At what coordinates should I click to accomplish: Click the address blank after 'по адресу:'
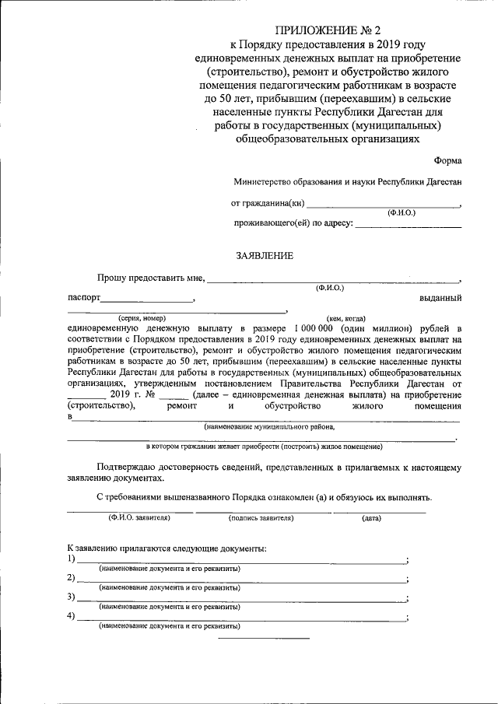pyautogui.click(x=408, y=225)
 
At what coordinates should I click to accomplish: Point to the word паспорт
pyautogui.click(x=83, y=298)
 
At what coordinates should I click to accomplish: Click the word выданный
pyautogui.click(x=441, y=298)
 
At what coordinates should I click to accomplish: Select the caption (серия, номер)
pyautogui.click(x=142, y=318)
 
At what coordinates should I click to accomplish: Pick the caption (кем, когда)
pyautogui.click(x=346, y=318)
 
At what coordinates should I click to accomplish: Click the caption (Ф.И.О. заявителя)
pyautogui.click(x=139, y=517)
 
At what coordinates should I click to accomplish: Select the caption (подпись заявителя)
pyautogui.click(x=261, y=517)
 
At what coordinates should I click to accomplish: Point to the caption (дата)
pyautogui.click(x=371, y=517)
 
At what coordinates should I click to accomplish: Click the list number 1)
pyautogui.click(x=72, y=559)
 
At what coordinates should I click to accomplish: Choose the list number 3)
pyautogui.click(x=72, y=597)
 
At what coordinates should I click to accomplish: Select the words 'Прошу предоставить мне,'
pyautogui.click(x=151, y=278)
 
